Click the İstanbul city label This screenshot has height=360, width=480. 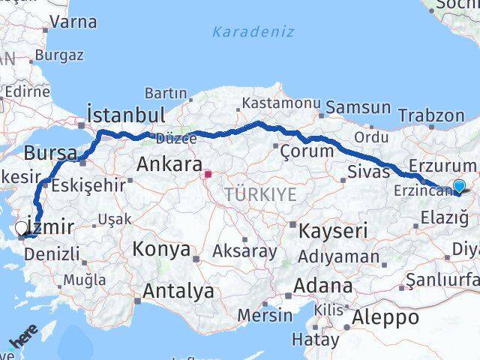[125, 115]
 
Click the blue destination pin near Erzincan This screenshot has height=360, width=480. [459, 187]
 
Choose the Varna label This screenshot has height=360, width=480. [74, 22]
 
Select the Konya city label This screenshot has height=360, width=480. [162, 250]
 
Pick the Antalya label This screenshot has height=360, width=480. [178, 291]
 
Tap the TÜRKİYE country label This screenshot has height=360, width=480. [260, 194]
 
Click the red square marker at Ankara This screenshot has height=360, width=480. [208, 175]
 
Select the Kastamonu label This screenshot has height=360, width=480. [281, 103]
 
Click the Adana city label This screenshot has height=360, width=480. [323, 286]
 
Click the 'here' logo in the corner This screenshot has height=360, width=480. [23, 337]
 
